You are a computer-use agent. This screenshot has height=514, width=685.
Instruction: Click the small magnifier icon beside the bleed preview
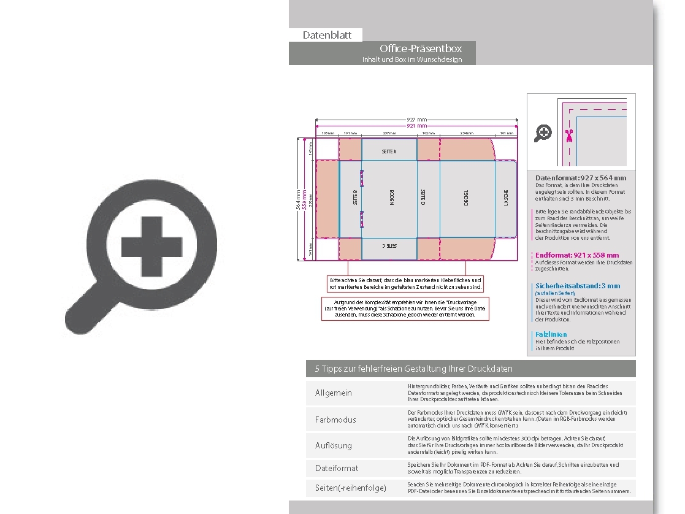coord(543,132)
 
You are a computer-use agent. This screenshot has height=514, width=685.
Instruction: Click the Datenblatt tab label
coord(327,35)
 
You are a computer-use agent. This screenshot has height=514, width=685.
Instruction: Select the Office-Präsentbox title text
coord(420,48)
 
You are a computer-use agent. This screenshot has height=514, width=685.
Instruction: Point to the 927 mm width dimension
coord(417,120)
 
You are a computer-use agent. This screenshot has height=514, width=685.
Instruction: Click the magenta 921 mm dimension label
coord(417,126)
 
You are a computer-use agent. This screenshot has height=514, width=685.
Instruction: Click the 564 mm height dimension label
coord(299,199)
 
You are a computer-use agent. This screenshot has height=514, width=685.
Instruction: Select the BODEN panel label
coord(391,198)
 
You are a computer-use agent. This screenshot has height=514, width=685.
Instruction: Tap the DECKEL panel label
coord(466,198)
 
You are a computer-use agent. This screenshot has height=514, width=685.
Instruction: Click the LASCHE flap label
coord(507,198)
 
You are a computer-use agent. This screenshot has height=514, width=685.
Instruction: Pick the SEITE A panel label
coord(389,151)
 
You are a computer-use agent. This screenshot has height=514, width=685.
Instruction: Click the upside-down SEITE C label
coord(389,245)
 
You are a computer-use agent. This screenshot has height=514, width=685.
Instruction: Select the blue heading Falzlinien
coord(551,334)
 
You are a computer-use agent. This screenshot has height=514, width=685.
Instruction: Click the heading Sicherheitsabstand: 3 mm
coord(578,286)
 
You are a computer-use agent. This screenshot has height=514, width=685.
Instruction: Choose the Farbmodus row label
coord(335,420)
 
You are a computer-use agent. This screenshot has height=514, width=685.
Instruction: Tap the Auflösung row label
coord(334,445)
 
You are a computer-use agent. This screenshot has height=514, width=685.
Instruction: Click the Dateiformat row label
coord(337,468)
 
